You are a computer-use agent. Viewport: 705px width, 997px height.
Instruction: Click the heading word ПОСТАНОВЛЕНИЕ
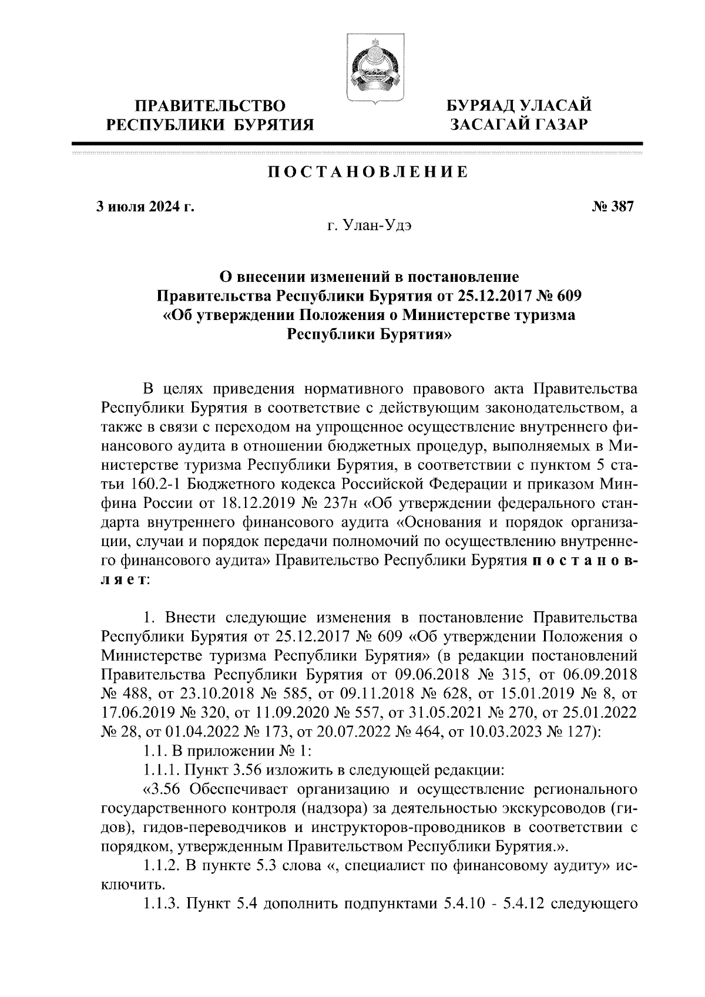pos(368,172)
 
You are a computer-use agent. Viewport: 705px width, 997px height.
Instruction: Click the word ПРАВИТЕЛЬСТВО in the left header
pos(210,106)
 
